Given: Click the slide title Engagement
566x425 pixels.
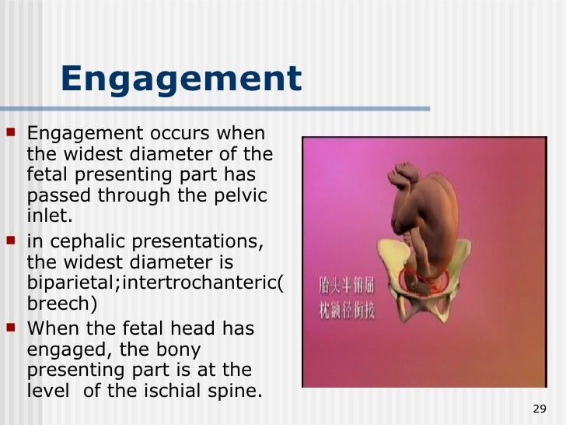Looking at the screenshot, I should [x=180, y=79].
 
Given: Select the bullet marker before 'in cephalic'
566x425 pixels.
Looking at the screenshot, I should [x=17, y=244].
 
